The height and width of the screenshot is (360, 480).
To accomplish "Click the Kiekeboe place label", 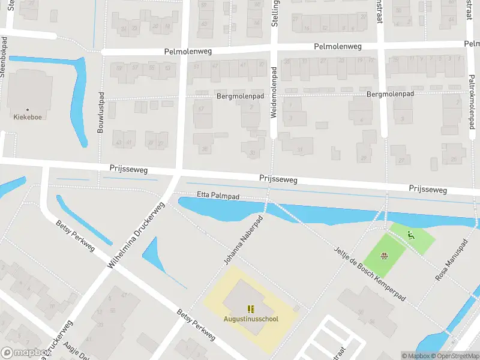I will (28, 117).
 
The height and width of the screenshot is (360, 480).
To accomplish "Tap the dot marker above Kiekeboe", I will (28, 109).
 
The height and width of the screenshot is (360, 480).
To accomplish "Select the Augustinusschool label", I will (251, 319).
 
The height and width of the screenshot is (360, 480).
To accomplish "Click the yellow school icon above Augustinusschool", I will (251, 310).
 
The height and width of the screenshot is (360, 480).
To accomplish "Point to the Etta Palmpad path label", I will (218, 196).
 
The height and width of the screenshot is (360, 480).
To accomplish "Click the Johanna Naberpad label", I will (244, 241).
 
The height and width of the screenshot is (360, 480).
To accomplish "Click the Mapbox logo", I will (25, 353).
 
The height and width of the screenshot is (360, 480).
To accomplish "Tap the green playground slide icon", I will (411, 235).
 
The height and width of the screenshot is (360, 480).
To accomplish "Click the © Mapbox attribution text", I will (415, 356).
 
